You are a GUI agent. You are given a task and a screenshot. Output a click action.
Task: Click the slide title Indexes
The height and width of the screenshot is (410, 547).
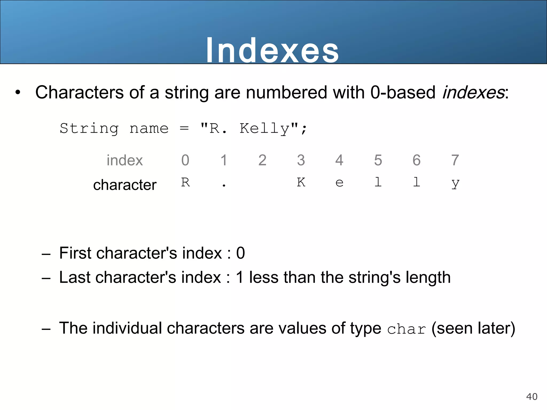point(272,50)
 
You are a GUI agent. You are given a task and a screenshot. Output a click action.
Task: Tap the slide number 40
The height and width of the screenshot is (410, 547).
point(532,396)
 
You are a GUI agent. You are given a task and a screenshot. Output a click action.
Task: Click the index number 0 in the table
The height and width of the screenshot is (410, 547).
point(185,160)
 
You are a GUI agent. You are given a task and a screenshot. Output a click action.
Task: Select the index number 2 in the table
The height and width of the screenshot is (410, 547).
point(262,160)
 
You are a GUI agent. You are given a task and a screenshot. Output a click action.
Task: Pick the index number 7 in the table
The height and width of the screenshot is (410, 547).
point(455,160)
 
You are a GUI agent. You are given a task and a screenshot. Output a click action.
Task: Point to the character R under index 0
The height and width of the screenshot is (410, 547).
point(185,182)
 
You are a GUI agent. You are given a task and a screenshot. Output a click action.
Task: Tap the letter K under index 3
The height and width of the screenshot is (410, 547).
point(301,182)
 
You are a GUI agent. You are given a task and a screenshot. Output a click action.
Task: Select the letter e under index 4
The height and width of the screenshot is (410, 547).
point(339,183)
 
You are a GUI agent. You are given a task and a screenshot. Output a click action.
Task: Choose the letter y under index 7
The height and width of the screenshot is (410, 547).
point(455,184)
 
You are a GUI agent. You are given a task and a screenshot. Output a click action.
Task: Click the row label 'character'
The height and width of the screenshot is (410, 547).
point(125,185)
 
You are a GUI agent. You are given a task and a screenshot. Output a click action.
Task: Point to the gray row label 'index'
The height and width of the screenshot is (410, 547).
point(125,160)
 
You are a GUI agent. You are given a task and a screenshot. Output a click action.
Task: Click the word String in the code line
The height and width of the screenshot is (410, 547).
point(89,129)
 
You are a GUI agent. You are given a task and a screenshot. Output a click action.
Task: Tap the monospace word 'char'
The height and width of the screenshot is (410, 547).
point(406,329)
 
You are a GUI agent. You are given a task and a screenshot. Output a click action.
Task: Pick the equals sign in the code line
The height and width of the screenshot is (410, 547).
point(184,129)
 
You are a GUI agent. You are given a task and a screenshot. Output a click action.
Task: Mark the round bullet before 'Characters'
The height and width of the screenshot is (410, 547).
point(18,93)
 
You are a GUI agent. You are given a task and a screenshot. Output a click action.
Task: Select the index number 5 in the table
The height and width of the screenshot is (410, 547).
point(378,160)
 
